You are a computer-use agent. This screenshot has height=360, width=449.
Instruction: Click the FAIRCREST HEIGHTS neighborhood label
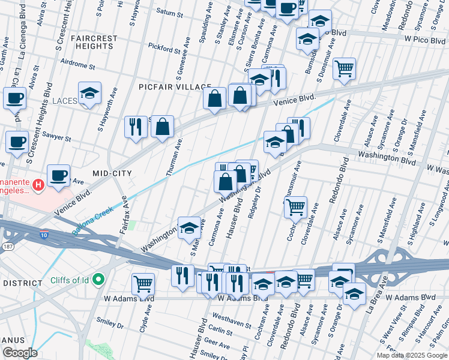click(94, 42)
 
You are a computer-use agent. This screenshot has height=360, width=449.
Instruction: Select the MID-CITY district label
click(111, 173)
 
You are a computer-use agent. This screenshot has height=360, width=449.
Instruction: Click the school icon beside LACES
click(89, 93)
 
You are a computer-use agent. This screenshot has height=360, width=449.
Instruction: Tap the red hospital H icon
click(38, 185)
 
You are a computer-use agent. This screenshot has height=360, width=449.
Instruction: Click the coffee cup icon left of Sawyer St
click(17, 142)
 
